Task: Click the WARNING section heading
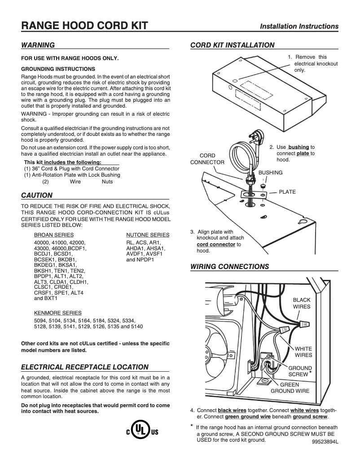coord(38,45)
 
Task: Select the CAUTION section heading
coord(37,195)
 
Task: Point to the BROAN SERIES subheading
coord(54,235)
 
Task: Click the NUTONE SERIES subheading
coord(148,235)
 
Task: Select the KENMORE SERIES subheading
coord(58,313)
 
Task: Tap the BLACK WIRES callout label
coord(302,303)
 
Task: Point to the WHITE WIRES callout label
coord(303,352)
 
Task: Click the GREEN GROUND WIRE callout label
coord(290,387)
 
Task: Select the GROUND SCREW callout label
coord(299,371)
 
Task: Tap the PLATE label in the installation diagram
coord(287,192)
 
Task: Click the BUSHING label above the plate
coord(270,173)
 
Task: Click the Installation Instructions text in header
coord(299,26)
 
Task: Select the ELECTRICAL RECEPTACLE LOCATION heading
coord(85,367)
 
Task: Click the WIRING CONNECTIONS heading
coord(230,267)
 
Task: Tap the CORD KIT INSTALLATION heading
coord(233,45)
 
